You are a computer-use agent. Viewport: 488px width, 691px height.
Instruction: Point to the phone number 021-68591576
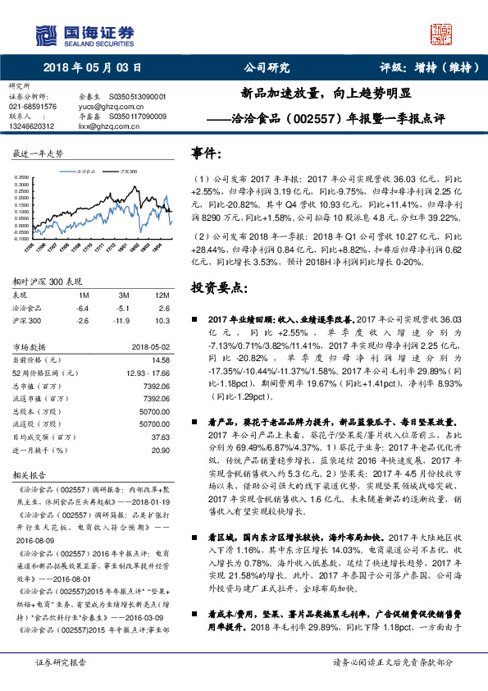pyautogui.click(x=33, y=107)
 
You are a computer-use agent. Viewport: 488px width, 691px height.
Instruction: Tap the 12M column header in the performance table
pyautogui.click(x=162, y=294)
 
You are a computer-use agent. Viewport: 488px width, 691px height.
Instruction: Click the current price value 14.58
pyautogui.click(x=160, y=359)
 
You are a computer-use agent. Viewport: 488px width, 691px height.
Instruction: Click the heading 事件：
pyautogui.click(x=206, y=153)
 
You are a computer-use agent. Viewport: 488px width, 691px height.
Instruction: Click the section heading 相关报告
pyautogui.click(x=30, y=474)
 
